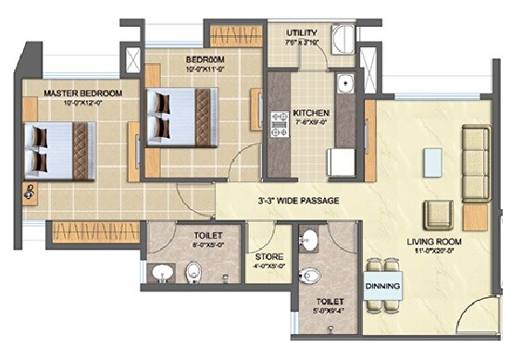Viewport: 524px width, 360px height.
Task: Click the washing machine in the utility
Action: (x=342, y=39)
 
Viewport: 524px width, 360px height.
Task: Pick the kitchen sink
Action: (x=345, y=83)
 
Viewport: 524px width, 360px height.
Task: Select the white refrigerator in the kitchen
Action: (x=342, y=162)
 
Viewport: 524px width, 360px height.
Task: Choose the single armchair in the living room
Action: (x=439, y=214)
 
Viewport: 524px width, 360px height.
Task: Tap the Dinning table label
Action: (x=382, y=286)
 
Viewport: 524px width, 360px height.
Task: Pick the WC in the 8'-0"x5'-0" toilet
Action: (x=193, y=271)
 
